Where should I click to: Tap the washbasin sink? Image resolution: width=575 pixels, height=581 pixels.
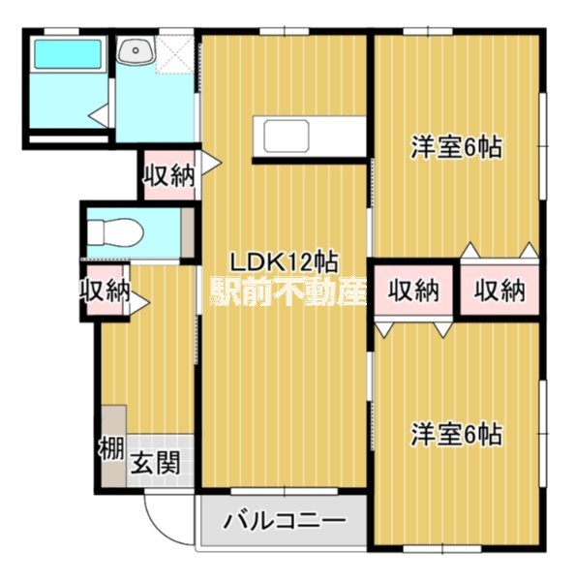[133, 50]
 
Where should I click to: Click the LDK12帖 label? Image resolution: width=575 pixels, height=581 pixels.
[283, 261]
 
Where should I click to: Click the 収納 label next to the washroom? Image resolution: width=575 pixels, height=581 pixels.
[168, 175]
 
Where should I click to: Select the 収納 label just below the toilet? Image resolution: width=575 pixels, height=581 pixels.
[104, 290]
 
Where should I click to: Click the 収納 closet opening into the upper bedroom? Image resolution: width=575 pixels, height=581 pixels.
[499, 290]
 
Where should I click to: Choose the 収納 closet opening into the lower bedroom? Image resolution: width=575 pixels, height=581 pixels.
[414, 290]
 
